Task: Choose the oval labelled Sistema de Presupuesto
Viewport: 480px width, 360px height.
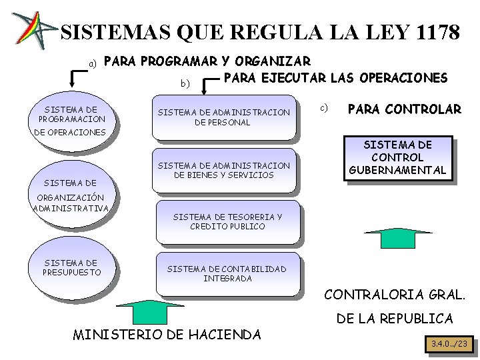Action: (71, 268)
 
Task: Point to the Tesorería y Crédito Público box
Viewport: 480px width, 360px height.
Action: (227, 222)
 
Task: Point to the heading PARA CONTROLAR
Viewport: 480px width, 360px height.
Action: (405, 109)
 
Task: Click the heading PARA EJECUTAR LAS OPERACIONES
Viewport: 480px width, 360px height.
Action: (335, 78)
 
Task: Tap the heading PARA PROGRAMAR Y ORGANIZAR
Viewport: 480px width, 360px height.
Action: (207, 62)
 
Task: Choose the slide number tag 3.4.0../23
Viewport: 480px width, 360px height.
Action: (450, 344)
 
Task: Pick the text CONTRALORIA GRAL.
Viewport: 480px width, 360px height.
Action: (395, 294)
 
